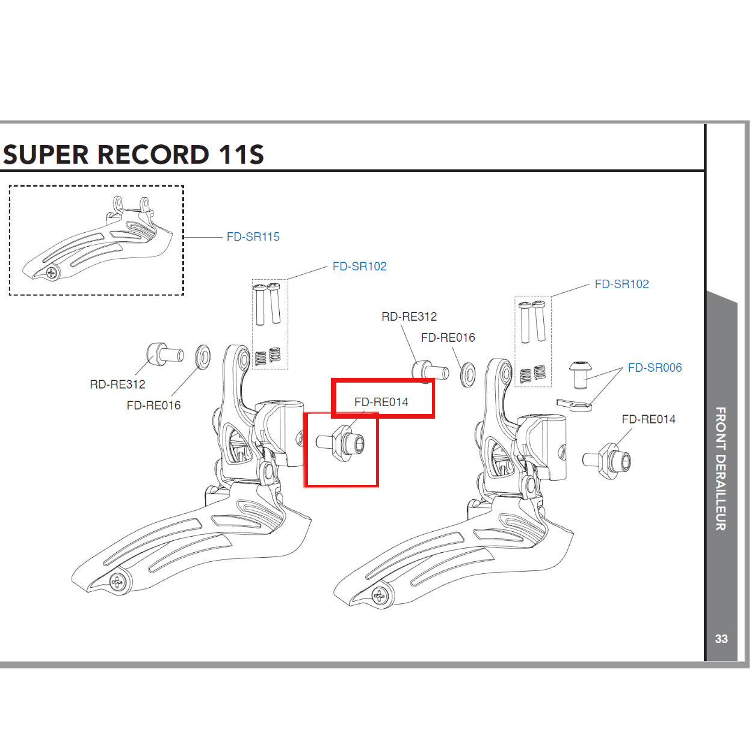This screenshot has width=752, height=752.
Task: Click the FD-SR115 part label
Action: (x=253, y=237)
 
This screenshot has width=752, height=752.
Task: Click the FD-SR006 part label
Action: (x=655, y=368)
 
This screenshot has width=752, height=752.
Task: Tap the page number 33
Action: (x=721, y=639)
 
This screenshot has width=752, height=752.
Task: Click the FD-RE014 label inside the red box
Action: (x=381, y=402)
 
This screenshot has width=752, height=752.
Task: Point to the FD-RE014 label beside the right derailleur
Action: (x=649, y=419)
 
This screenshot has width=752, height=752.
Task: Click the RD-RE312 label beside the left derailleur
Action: (x=117, y=384)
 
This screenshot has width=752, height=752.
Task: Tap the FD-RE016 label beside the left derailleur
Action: (x=153, y=405)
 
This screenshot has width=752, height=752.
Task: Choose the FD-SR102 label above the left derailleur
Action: (x=359, y=267)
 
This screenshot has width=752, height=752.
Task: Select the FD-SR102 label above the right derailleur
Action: (x=621, y=284)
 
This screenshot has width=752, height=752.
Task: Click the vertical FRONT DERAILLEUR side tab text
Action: (x=721, y=469)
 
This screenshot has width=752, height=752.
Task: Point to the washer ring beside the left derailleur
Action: (x=203, y=356)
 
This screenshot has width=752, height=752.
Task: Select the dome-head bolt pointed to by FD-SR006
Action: (x=579, y=373)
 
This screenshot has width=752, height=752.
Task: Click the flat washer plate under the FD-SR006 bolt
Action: (x=575, y=404)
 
